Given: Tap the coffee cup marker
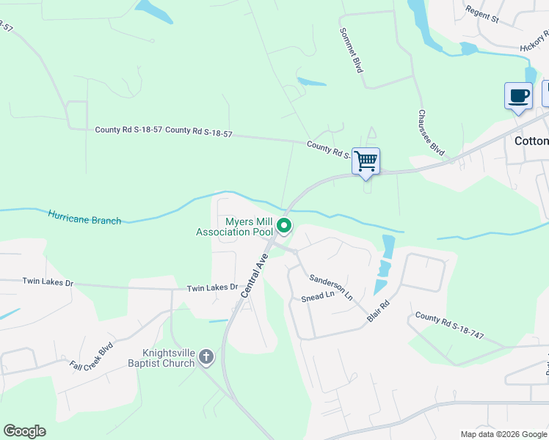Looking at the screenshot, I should coord(518,96).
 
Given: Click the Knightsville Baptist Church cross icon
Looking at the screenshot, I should coord(207,357).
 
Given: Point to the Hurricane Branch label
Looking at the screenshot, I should coord(84,217).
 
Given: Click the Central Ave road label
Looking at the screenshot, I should coord(253,275).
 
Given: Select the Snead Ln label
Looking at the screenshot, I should coord(317,298).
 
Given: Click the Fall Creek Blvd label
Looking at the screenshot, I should coord(92,356).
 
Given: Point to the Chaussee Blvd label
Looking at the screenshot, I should coord(432,132).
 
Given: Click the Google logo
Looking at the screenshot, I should coord(24,431).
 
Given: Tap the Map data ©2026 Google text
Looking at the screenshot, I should coord(503,434).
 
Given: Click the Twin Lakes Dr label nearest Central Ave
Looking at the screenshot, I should coord(213,288).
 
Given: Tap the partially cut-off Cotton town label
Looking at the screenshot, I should coord(530,141).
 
